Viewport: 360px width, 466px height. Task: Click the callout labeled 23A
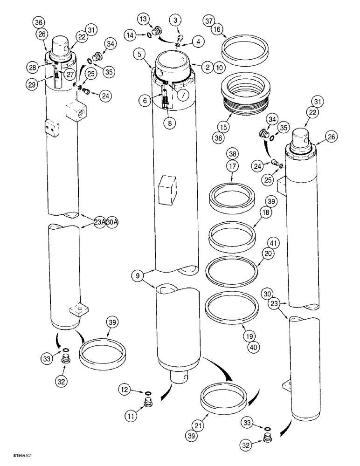[x=99, y=222]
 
